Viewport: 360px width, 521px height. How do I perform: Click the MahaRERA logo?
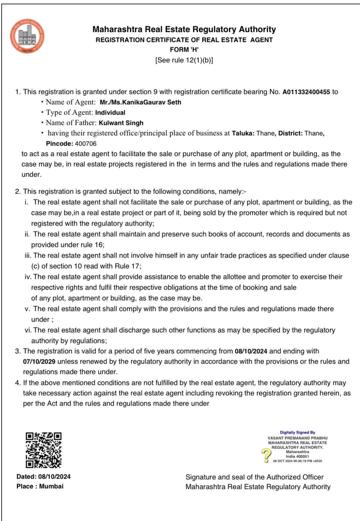click(x=27, y=36)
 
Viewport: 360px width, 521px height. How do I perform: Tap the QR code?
click(x=43, y=450)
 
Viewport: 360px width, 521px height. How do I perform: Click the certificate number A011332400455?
click(x=306, y=92)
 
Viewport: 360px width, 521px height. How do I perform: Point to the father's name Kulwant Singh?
click(x=121, y=123)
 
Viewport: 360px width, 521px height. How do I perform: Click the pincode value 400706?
click(x=86, y=144)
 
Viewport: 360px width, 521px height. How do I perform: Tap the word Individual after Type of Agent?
click(x=110, y=113)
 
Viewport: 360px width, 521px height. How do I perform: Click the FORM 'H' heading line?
click(x=184, y=50)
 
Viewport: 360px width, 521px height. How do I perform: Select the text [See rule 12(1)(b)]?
click(x=184, y=60)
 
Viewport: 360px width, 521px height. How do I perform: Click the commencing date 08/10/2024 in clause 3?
click(x=251, y=351)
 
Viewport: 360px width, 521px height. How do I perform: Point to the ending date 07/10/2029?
click(x=39, y=362)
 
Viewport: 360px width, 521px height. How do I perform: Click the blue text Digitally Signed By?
click(x=297, y=432)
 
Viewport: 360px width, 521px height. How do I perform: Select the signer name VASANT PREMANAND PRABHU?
click(x=297, y=438)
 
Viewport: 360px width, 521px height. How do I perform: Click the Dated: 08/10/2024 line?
click(x=43, y=477)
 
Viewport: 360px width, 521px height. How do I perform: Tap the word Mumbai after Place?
click(x=51, y=486)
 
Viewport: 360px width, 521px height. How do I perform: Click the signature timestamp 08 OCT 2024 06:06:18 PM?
click(x=297, y=461)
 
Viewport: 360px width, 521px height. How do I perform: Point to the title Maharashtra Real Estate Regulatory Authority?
click(x=184, y=29)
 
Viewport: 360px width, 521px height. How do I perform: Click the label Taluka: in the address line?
click(x=243, y=133)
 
